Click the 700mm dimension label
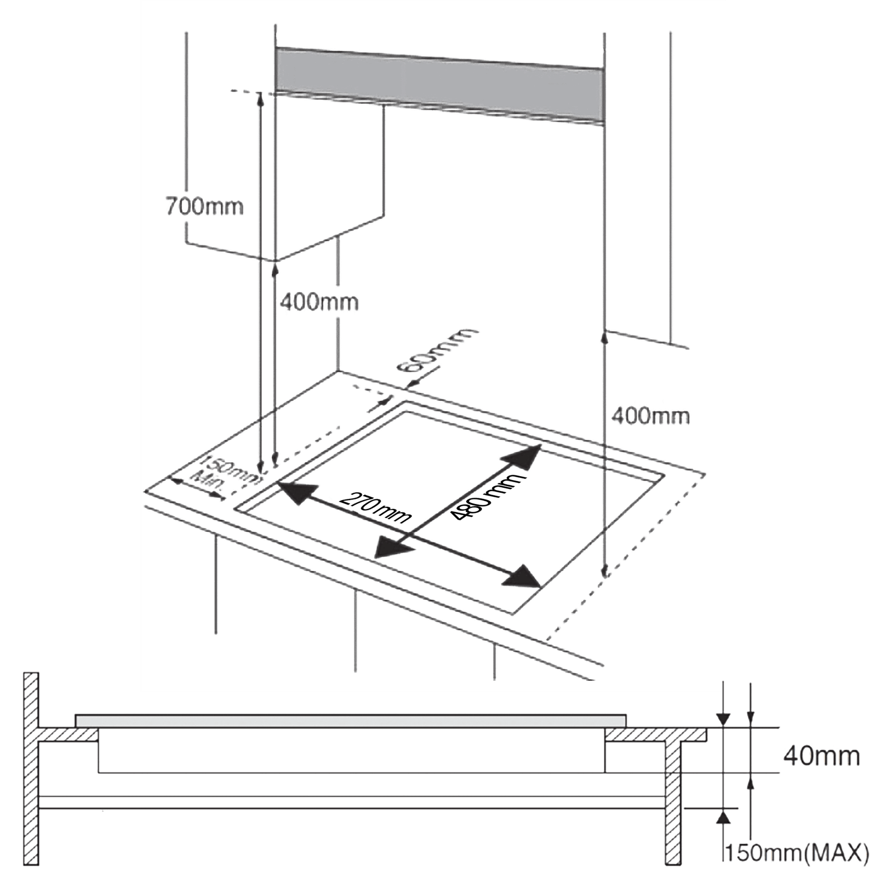tap(204, 207)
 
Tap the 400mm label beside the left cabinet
tap(319, 302)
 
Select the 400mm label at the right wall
tap(650, 416)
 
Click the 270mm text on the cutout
tap(375, 507)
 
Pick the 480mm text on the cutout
tap(487, 496)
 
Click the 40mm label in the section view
tap(822, 756)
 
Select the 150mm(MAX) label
tap(797, 852)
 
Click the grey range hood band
tap(439, 85)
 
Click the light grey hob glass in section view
tap(351, 721)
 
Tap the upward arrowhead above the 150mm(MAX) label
tap(723, 817)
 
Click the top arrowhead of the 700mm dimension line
tap(260, 99)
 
